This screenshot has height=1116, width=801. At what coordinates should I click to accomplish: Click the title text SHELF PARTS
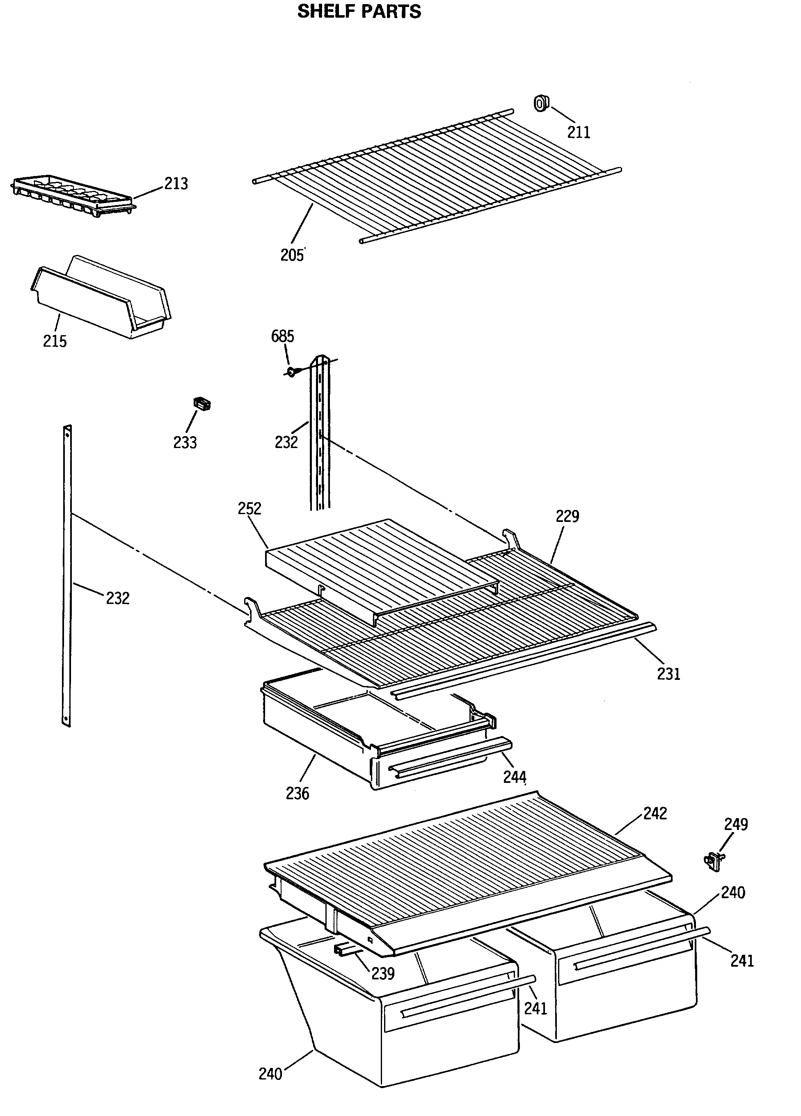[359, 12]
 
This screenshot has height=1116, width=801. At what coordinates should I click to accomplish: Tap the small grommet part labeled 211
[542, 103]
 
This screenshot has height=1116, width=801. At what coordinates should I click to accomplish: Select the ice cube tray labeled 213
[73, 196]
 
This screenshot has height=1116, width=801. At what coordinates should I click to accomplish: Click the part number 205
[292, 255]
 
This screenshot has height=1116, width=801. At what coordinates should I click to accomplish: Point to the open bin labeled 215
[101, 298]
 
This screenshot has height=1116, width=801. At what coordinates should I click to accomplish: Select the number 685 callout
[282, 336]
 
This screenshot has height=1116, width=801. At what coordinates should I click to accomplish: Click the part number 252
[249, 508]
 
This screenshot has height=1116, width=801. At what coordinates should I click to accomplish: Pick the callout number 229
[567, 516]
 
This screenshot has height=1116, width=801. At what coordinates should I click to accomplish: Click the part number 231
[668, 674]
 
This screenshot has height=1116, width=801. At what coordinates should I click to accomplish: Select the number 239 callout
[383, 973]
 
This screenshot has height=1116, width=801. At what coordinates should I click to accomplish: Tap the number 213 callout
[176, 183]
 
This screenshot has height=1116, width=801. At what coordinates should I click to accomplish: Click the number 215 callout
[55, 341]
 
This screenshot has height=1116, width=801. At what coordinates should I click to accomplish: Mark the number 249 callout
[736, 824]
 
